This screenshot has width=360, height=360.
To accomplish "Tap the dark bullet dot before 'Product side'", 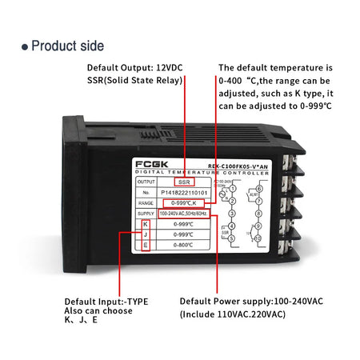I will [25, 46].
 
